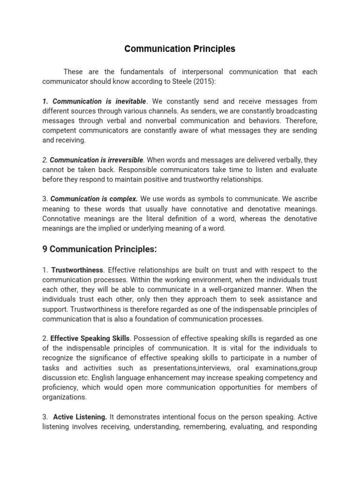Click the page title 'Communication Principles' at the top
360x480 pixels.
180,49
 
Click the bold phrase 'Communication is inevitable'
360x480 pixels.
99,101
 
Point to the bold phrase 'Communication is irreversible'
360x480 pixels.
96,160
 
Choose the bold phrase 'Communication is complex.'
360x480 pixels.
94,199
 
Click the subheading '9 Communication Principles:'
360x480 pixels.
99,249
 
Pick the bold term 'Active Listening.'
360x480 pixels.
80,417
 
